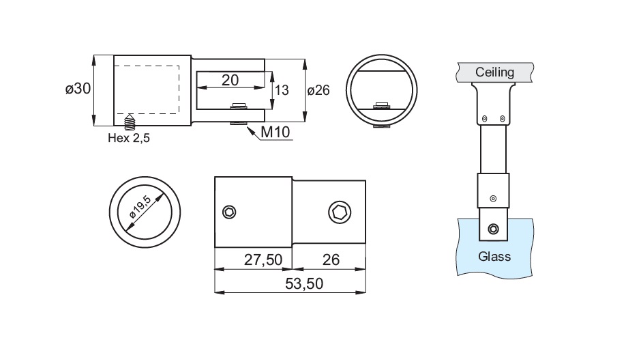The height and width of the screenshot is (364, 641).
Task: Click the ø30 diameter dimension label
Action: tap(78, 89)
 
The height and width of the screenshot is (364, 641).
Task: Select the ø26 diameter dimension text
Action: tap(319, 90)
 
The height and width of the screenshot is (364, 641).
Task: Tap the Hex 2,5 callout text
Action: tap(128, 138)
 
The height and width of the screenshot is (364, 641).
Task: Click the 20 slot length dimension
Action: tap(230, 80)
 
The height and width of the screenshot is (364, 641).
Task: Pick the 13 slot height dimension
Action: tap(281, 89)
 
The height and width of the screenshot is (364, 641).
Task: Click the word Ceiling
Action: tap(495, 72)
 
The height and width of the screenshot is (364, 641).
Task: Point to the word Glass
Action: tap(494, 257)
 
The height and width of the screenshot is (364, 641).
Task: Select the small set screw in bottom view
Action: tap(230, 212)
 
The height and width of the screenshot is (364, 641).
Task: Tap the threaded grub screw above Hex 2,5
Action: tap(129, 123)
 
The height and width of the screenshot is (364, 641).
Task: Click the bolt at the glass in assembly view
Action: tap(493, 228)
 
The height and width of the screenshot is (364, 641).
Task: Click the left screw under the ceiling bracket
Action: tap(483, 119)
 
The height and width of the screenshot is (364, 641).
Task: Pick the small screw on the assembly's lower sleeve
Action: tap(492, 199)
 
